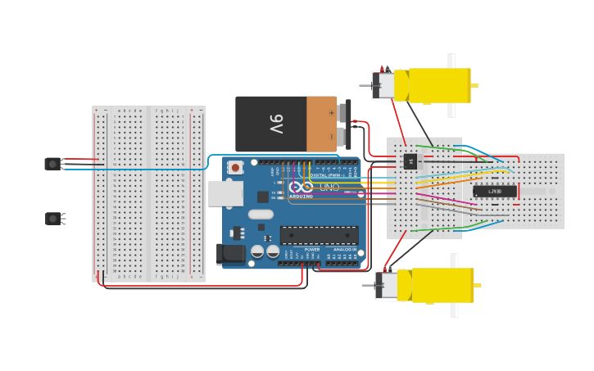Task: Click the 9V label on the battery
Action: point(275,124)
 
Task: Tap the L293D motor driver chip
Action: point(494,192)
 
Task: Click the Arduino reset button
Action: point(236,168)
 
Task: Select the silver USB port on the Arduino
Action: point(225,193)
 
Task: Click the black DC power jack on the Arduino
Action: point(230,254)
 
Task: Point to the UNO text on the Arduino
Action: point(329,188)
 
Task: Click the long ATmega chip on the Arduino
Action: point(319,235)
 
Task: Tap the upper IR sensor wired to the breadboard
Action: point(53,164)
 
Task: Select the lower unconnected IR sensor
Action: point(53,218)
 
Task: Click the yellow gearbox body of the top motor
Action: point(438,85)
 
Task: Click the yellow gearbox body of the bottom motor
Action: point(442,285)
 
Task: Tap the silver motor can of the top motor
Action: point(383,86)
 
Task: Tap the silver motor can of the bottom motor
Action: point(387,286)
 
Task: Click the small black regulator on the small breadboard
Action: point(410,161)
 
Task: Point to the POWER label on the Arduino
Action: point(312,250)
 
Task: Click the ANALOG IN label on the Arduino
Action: point(345,250)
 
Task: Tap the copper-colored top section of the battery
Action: point(321,124)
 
